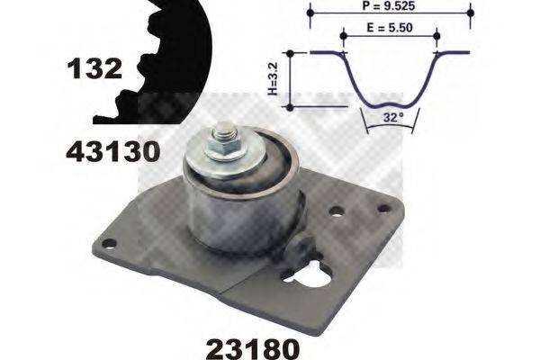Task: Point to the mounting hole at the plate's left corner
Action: point(110,242)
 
